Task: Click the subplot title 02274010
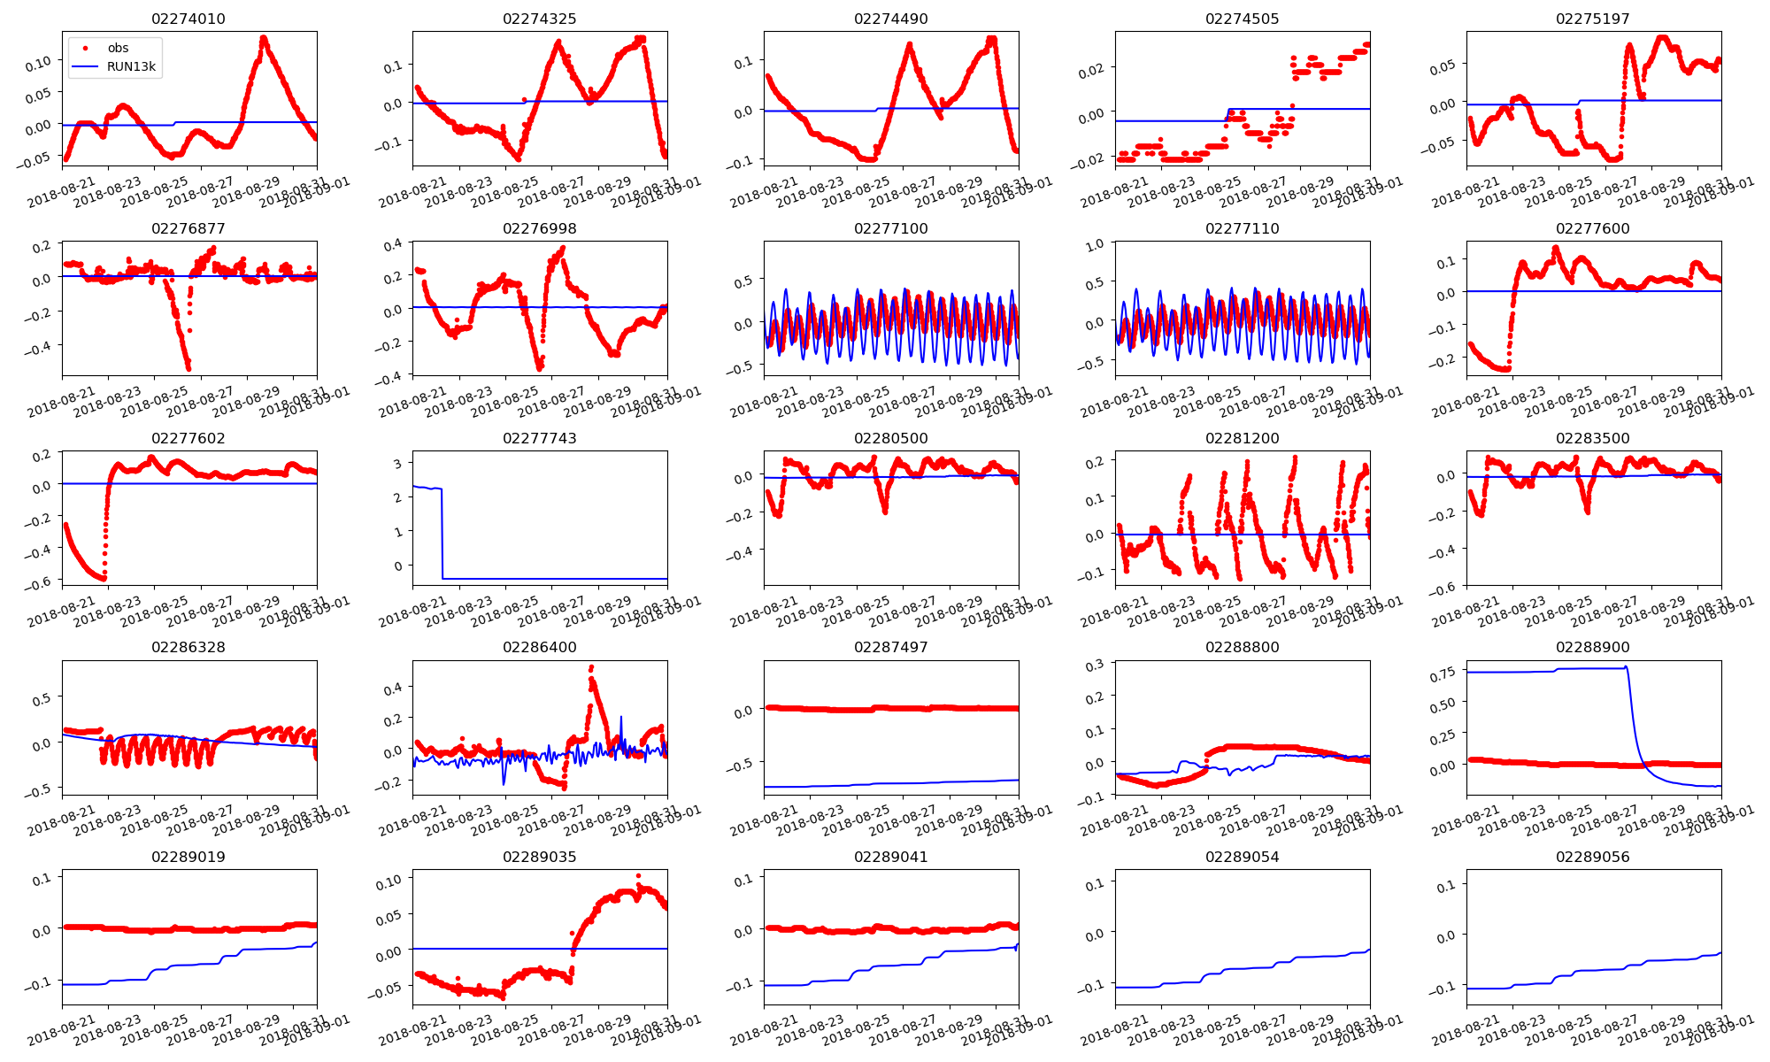(x=189, y=19)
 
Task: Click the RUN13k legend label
(x=131, y=66)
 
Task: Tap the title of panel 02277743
(x=539, y=438)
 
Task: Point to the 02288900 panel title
(x=1593, y=647)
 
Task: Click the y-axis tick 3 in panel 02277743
(x=398, y=463)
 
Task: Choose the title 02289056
(x=1593, y=857)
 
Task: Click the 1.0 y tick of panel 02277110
(x=1094, y=244)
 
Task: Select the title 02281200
(x=1242, y=438)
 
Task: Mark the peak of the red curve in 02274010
(x=264, y=38)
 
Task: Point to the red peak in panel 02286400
(x=591, y=667)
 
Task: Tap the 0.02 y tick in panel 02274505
(x=1091, y=70)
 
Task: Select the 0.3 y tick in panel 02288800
(x=1094, y=665)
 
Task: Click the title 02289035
(x=539, y=857)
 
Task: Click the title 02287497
(x=890, y=647)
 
